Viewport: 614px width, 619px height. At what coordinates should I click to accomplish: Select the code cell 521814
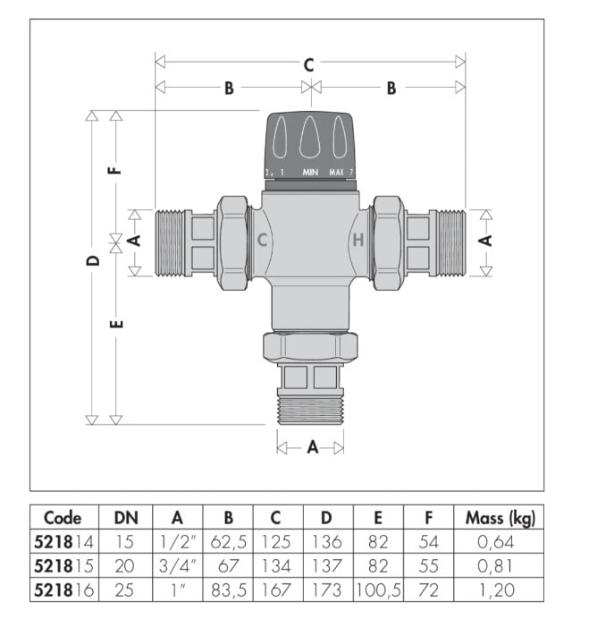62,541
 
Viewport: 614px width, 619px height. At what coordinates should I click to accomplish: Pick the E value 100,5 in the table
377,589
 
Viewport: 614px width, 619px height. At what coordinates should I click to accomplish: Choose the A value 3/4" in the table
177,565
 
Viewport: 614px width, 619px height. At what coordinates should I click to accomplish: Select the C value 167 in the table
278,589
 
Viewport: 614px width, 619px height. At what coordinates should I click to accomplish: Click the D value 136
328,541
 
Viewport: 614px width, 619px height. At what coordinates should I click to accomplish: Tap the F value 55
427,565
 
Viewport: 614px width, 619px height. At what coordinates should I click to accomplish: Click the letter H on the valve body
357,240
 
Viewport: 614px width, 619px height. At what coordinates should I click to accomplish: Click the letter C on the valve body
263,240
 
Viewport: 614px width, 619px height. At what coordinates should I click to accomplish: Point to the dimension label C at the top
309,64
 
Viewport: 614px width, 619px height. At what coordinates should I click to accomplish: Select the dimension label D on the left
91,261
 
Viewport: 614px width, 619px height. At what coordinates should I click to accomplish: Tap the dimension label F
115,167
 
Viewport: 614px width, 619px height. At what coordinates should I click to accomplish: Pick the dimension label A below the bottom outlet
312,447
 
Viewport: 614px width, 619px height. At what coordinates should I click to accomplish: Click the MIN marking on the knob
310,171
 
